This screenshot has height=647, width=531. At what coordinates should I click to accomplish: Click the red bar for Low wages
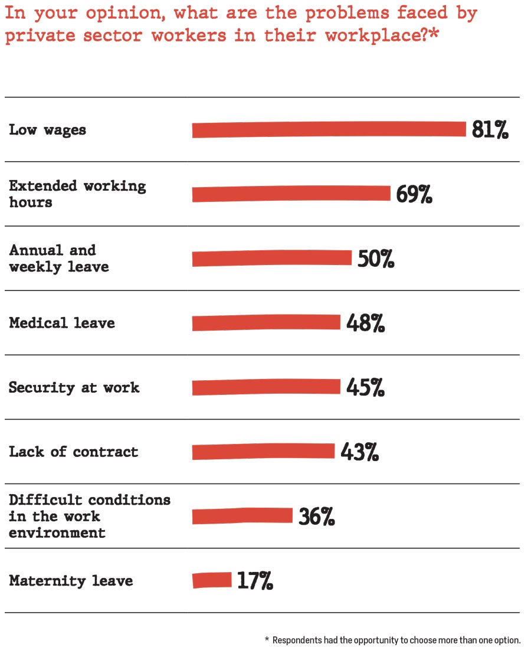pos(329,129)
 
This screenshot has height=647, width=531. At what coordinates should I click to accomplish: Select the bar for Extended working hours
pos(291,194)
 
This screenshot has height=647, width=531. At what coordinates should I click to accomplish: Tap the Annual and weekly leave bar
pos(271,258)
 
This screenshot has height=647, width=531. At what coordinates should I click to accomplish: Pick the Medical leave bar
pos(266,322)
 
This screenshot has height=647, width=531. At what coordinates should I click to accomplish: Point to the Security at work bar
pos(266,387)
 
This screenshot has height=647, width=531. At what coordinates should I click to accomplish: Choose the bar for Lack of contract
pos(263,451)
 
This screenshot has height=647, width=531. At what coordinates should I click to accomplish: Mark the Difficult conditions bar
pos(242,515)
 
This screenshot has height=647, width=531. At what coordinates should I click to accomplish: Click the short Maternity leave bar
pos(212,580)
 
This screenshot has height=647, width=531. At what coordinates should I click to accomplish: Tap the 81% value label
pos(490,130)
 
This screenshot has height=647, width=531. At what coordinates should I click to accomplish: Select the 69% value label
pos(414,194)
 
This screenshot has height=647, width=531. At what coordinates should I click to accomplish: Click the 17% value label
pos(255,581)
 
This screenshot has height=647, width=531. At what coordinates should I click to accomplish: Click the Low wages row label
pos(47,130)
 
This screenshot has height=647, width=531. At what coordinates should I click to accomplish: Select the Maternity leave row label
pos(71,581)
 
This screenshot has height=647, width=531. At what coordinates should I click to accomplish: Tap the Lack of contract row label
pos(73,452)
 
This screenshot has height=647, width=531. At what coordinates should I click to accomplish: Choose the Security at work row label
pos(74,388)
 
